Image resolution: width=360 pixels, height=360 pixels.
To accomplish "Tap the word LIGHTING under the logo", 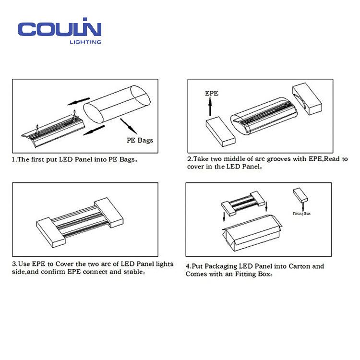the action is click(x=85, y=42).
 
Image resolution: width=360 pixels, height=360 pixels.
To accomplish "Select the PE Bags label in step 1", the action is click(x=140, y=140).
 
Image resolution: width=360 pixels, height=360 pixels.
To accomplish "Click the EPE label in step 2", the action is click(x=212, y=93).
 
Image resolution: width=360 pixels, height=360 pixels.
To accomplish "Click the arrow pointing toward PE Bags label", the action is click(x=128, y=126).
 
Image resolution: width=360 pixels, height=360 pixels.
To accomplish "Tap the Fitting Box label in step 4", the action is click(x=301, y=214).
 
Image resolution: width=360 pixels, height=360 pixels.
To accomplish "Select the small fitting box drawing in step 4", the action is click(x=300, y=195).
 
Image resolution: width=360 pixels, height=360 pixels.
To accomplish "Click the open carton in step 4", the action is click(x=252, y=232).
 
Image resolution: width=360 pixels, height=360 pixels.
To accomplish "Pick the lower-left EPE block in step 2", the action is click(x=220, y=132).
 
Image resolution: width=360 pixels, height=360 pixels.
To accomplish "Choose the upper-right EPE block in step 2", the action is click(x=307, y=98).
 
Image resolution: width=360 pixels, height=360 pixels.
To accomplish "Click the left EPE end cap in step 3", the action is click(x=51, y=232).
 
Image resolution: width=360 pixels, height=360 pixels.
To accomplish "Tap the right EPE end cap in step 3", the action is click(x=109, y=212).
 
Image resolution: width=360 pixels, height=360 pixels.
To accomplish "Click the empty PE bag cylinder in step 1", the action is click(x=117, y=105).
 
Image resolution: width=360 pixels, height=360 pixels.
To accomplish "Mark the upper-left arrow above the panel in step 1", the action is click(x=78, y=101).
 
